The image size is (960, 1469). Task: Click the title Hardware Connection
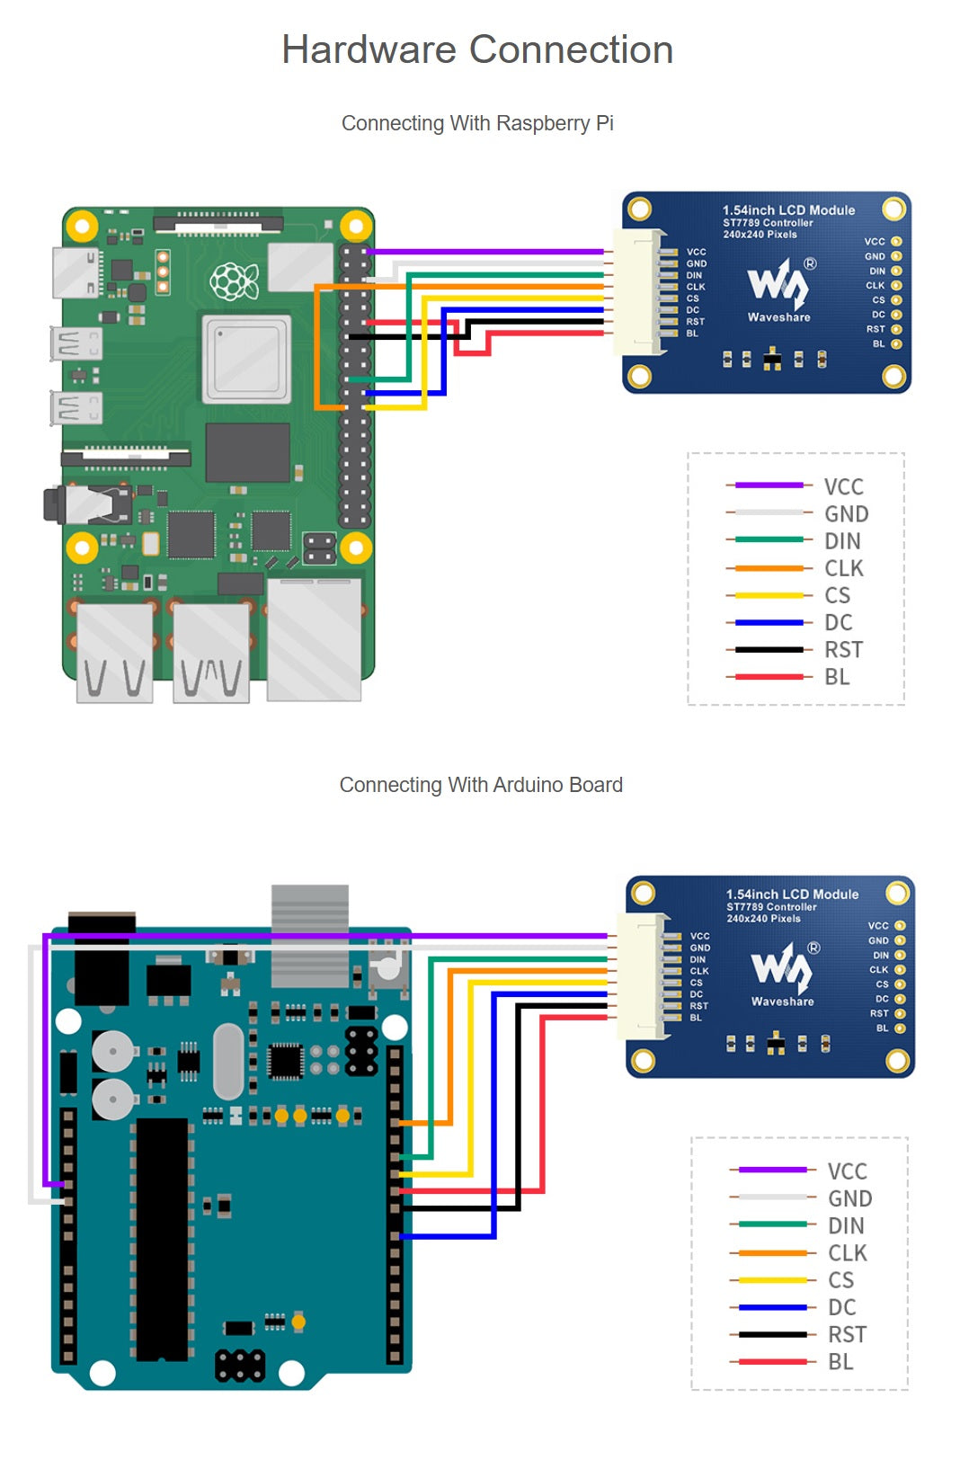[x=477, y=49]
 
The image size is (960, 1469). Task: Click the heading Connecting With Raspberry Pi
[x=477, y=123]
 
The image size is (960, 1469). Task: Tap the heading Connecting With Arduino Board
[x=481, y=785]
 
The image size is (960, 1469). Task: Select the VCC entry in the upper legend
[x=842, y=486]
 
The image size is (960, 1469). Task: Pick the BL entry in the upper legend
[x=837, y=677]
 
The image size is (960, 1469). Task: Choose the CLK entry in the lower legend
[x=847, y=1253]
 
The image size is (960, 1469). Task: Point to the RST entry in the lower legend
[x=847, y=1334]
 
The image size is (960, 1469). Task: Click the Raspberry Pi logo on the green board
[x=234, y=280]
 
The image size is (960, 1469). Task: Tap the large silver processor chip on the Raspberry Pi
[x=246, y=359]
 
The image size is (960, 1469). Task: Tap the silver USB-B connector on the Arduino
[x=310, y=935]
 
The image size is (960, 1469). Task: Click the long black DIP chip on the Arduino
[x=163, y=1239]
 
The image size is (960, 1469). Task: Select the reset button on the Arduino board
[x=387, y=968]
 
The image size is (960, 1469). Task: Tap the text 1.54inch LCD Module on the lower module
[x=792, y=895]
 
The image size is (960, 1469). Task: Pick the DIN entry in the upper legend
[x=842, y=541]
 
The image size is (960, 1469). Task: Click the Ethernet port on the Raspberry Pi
[x=314, y=638]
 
